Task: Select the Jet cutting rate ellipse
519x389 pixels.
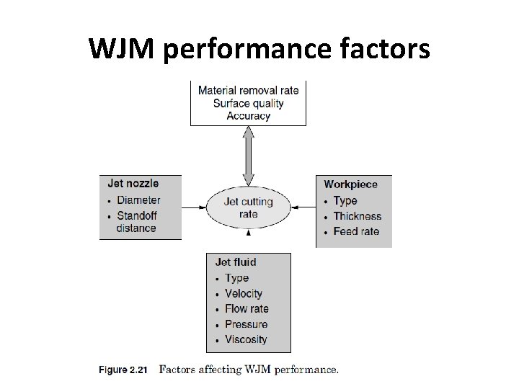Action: point(248,207)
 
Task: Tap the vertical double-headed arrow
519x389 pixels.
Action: point(248,156)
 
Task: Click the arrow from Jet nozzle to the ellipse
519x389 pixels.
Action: point(194,207)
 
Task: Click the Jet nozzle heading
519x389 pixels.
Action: point(133,184)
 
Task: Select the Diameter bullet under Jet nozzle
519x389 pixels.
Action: point(138,200)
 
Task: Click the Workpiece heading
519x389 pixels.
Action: point(350,185)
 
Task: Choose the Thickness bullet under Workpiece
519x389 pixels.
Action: point(357,216)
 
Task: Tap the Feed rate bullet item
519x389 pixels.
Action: point(355,231)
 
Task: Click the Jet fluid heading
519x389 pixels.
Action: point(236,262)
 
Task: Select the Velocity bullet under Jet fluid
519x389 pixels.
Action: point(244,293)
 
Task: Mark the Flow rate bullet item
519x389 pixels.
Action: point(247,308)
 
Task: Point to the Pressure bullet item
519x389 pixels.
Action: point(246,324)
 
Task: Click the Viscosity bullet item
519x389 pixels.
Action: point(246,339)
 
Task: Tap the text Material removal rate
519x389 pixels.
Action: point(248,91)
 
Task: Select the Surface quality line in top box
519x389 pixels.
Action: point(248,103)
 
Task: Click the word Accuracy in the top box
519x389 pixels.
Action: point(248,115)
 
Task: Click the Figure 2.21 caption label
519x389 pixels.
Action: point(123,370)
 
